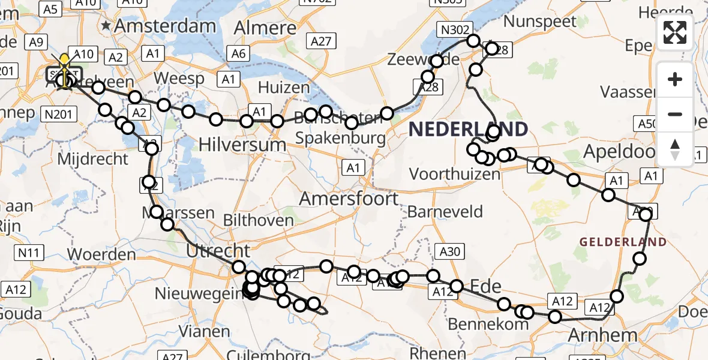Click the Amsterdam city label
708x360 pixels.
164,26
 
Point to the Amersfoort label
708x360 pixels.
349,199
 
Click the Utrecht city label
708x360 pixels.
218,251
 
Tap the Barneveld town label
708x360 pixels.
445,211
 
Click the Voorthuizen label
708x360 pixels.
454,174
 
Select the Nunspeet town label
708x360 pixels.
540,22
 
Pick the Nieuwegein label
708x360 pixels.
198,293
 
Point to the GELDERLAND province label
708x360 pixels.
623,242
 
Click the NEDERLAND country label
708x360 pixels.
469,128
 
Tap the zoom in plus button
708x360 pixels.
675,79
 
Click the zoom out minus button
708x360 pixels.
675,113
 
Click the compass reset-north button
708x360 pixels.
675,148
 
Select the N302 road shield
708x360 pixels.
457,28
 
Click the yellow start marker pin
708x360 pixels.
64,61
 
